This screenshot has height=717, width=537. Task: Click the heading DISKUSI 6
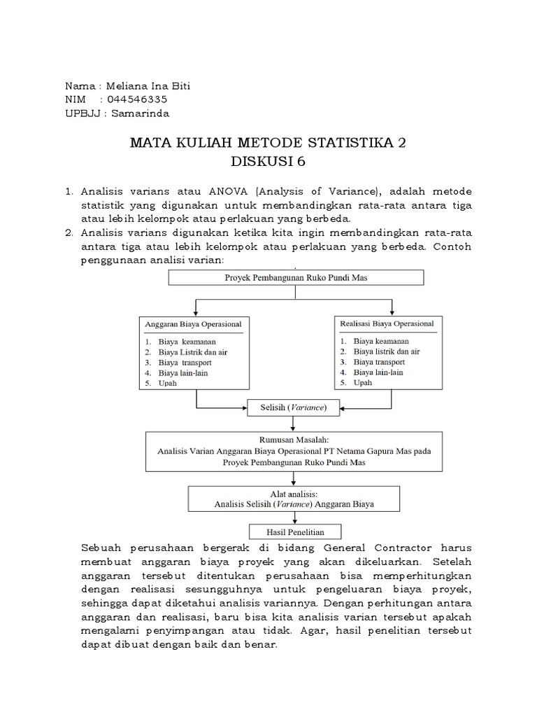point(268,162)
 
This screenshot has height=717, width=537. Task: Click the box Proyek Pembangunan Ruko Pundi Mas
point(296,278)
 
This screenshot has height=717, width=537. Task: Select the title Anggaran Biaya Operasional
point(194,325)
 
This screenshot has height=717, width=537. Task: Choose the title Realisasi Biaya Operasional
point(387,323)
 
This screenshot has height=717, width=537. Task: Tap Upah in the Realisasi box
point(363,382)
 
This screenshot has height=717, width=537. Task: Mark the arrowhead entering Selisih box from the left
point(245,407)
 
